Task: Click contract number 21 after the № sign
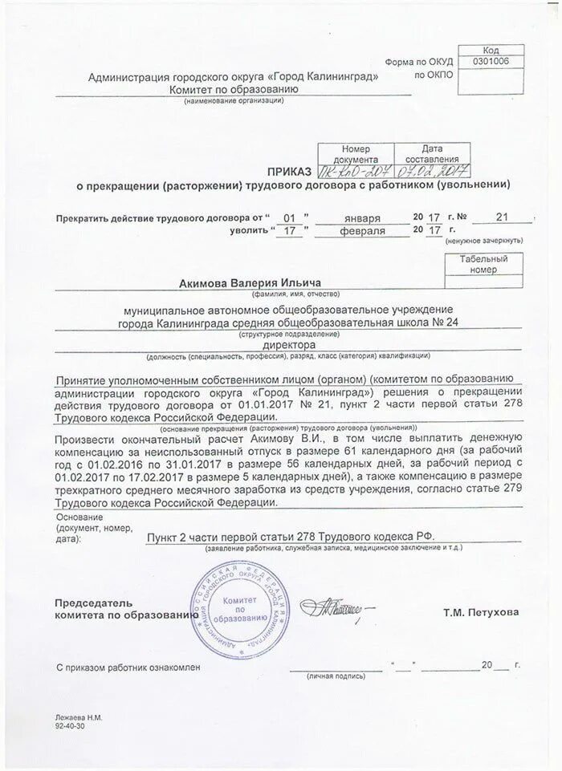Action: (503, 217)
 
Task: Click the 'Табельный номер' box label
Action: (484, 265)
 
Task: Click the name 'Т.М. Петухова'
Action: (480, 612)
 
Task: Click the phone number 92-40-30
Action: (69, 724)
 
